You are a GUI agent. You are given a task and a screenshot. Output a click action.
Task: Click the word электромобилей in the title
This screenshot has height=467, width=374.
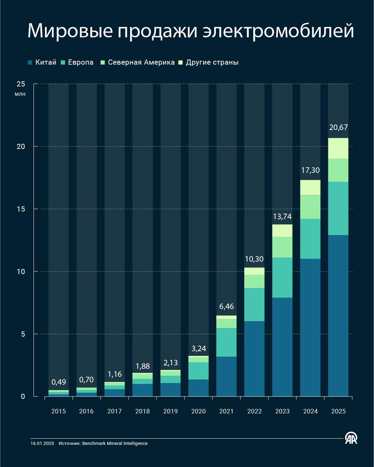tap(278, 31)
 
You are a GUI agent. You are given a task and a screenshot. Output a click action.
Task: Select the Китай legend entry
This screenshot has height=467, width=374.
tap(42, 62)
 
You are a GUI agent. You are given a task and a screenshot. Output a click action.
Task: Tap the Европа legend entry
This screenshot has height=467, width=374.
tap(77, 62)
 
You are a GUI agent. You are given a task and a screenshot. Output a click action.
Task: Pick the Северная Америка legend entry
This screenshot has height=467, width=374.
tap(137, 62)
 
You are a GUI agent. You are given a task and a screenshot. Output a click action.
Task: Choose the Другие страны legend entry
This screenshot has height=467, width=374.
tap(208, 62)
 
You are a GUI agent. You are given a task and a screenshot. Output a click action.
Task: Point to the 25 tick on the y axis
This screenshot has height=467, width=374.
tap(21, 84)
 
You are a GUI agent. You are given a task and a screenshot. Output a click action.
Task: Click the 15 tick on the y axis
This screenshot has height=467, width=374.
tap(21, 209)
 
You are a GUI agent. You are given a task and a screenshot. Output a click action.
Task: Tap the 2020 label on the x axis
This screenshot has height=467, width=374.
tap(199, 411)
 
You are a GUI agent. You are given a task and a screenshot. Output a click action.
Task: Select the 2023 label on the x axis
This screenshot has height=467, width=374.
tap(282, 411)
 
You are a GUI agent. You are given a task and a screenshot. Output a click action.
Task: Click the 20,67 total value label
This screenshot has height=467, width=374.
tap(338, 127)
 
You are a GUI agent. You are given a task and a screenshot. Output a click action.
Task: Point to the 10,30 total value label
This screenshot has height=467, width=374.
tap(254, 259)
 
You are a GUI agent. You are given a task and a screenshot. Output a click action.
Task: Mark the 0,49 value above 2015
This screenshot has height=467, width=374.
tap(59, 382)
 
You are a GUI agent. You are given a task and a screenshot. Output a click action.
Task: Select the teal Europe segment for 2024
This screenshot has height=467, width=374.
tap(310, 239)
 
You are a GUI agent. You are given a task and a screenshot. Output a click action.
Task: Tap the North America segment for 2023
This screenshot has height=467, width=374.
tap(282, 247)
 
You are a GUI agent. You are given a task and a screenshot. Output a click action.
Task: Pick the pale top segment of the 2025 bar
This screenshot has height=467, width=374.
tap(338, 149)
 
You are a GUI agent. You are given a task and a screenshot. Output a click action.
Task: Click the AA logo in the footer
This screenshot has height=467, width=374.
tap(351, 438)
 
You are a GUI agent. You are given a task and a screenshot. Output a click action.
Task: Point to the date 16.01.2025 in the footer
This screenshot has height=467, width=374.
tap(42, 443)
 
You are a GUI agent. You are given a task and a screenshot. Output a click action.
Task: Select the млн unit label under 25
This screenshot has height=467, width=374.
tap(20, 94)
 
